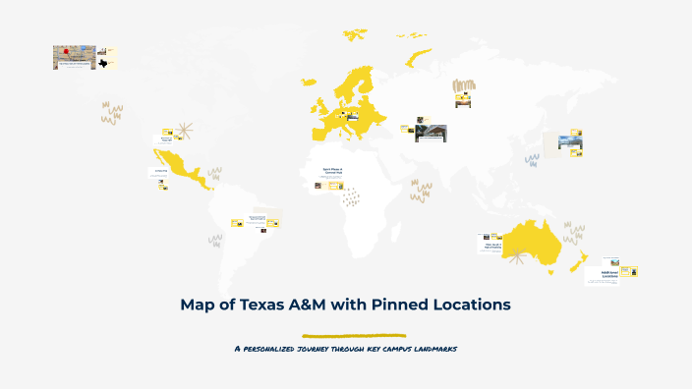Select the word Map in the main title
199,305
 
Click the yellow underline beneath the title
354,335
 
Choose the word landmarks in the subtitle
432,349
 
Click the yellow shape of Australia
531,242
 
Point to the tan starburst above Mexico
186,132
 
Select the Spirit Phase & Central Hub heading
333,170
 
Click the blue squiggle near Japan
532,157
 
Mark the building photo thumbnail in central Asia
431,132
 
